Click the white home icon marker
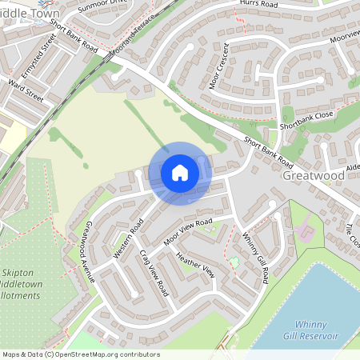tap(180, 173)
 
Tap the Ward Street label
tap(25, 88)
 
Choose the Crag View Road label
tap(153, 272)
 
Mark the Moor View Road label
tap(188, 231)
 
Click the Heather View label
tap(195, 265)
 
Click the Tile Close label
tap(351, 237)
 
